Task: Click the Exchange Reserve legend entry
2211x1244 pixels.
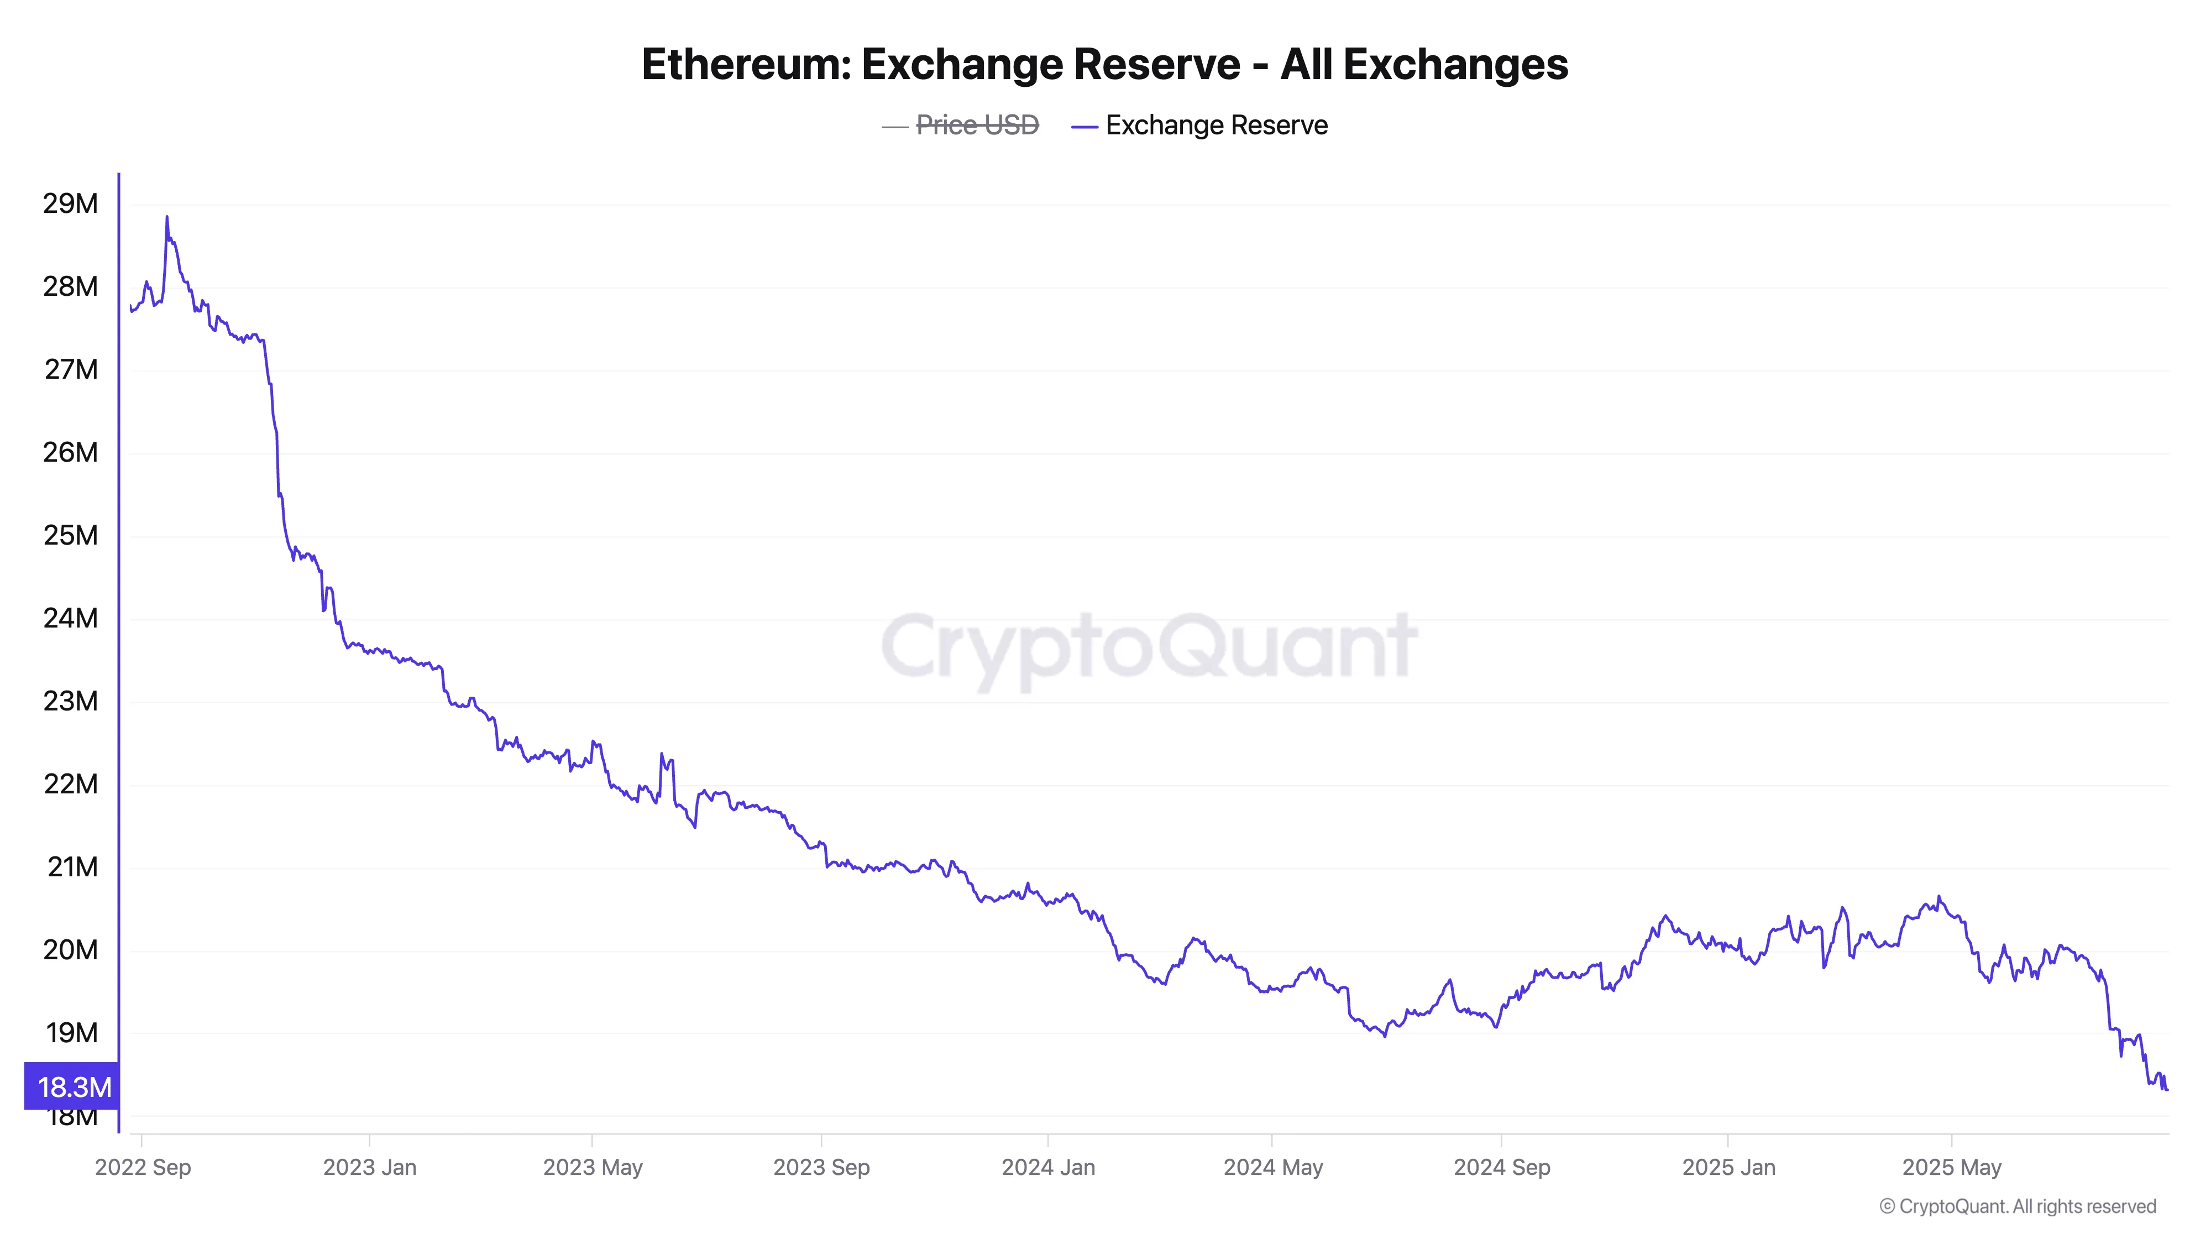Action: tap(1215, 126)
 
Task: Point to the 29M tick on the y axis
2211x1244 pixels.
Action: tap(70, 203)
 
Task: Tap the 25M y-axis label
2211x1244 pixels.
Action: tap(70, 536)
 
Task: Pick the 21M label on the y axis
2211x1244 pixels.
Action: tap(72, 867)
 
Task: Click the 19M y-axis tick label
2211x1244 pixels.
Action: tap(72, 1033)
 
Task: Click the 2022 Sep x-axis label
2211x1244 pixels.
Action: tap(143, 1168)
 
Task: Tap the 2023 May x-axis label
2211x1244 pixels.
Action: tap(592, 1168)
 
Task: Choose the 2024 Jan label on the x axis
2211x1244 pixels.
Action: tap(1048, 1168)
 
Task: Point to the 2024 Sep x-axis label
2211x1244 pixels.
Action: tap(1501, 1168)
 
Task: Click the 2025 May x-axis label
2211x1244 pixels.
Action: tap(1951, 1168)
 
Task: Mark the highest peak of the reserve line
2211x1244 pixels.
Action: tap(166, 217)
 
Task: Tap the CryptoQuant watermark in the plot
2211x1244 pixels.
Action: tap(1149, 646)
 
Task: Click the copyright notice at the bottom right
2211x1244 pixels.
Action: tap(2017, 1206)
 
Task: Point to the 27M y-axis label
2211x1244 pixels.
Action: tap(70, 369)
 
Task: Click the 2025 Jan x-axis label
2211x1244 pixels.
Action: tap(1728, 1168)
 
